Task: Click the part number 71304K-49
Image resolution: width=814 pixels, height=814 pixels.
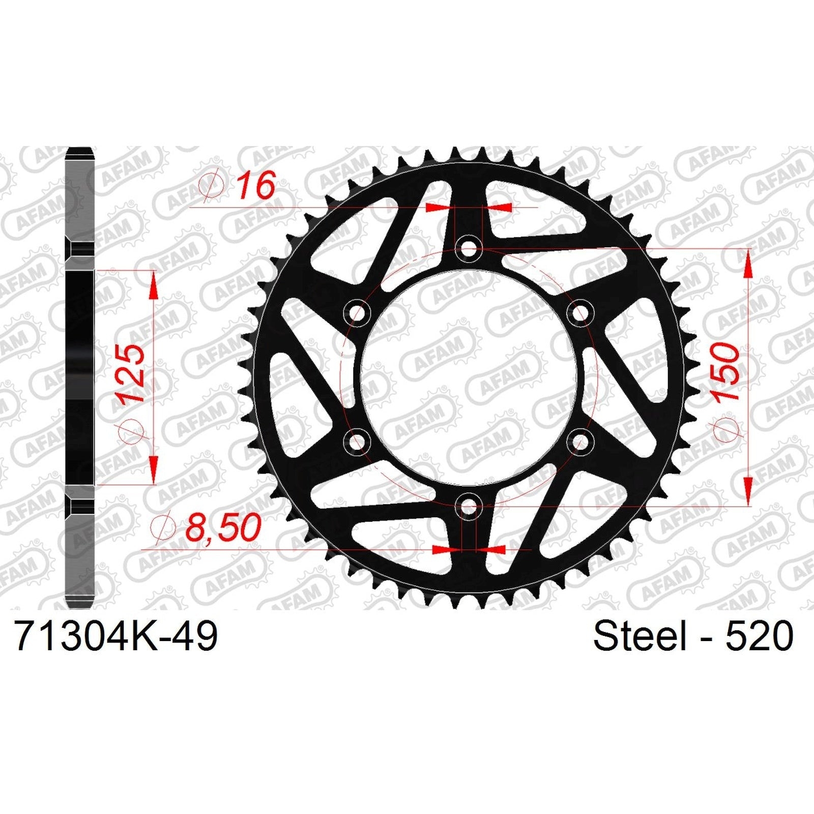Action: pos(117,635)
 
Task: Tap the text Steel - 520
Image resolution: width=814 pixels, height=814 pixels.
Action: pos(693,635)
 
